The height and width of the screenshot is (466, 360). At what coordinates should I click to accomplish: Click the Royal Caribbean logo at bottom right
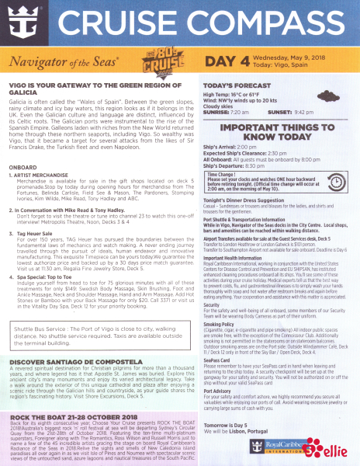pyautogui.click(x=292, y=447)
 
